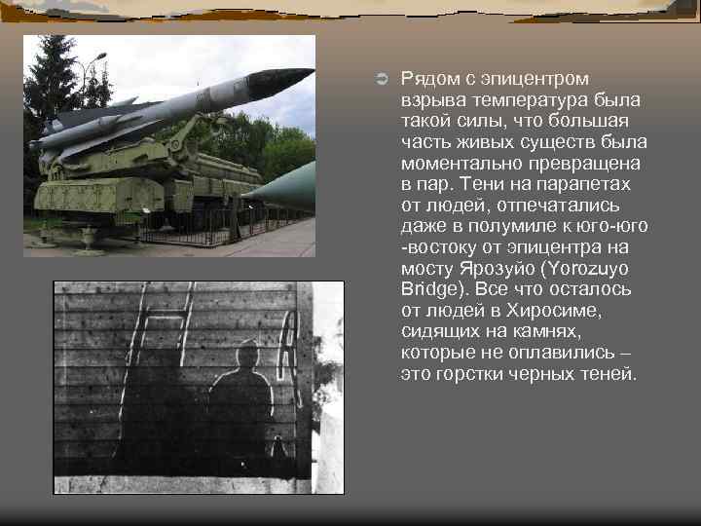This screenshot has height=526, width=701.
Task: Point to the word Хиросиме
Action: [x=556, y=311]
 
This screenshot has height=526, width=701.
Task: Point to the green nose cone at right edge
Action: [x=292, y=185]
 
